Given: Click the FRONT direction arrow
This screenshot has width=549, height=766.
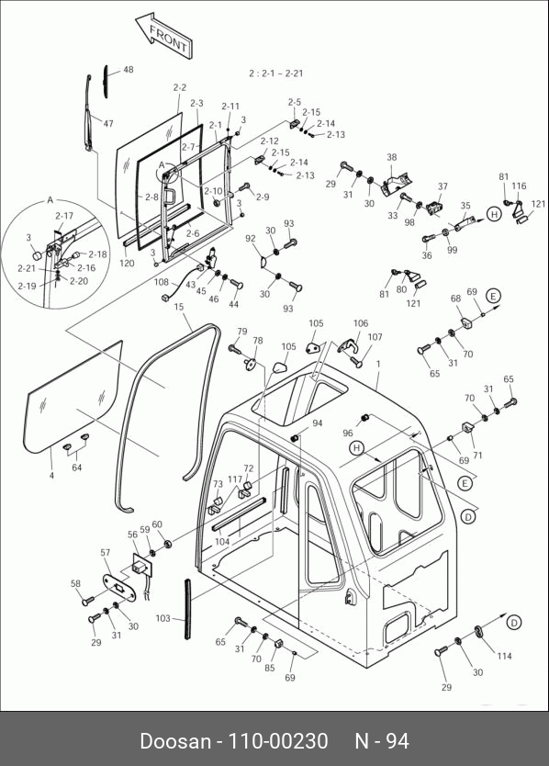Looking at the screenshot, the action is point(163,35).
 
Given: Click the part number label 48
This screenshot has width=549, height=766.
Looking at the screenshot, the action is point(128,70).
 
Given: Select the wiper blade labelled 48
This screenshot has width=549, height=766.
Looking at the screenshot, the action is point(106,82).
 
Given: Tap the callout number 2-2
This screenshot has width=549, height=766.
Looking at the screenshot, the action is point(180,87).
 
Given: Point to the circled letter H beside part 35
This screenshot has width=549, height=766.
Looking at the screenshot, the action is point(494,214).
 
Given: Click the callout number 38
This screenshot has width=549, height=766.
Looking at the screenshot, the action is point(392,157).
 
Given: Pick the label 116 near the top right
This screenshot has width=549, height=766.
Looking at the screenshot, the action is point(520,186).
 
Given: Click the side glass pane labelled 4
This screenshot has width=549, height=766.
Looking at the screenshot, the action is point(73,397).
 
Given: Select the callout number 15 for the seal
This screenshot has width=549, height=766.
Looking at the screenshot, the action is point(179,307).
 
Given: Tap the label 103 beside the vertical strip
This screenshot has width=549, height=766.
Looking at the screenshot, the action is point(163,618).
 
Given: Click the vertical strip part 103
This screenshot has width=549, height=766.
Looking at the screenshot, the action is point(187,609).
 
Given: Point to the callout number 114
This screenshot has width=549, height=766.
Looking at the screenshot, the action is point(504,656).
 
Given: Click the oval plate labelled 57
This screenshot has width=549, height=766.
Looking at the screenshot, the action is point(119,586).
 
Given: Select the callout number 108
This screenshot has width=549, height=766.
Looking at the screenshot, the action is point(162,282).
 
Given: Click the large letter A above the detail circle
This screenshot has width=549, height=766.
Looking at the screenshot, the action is point(50,200).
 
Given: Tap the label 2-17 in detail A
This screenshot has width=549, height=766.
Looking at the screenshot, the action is point(64,216).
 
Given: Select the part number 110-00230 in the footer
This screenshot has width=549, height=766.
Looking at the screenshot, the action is point(279,741).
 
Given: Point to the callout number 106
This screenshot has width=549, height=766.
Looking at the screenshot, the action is point(361,323).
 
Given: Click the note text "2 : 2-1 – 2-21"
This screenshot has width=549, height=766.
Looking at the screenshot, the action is point(276,73).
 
